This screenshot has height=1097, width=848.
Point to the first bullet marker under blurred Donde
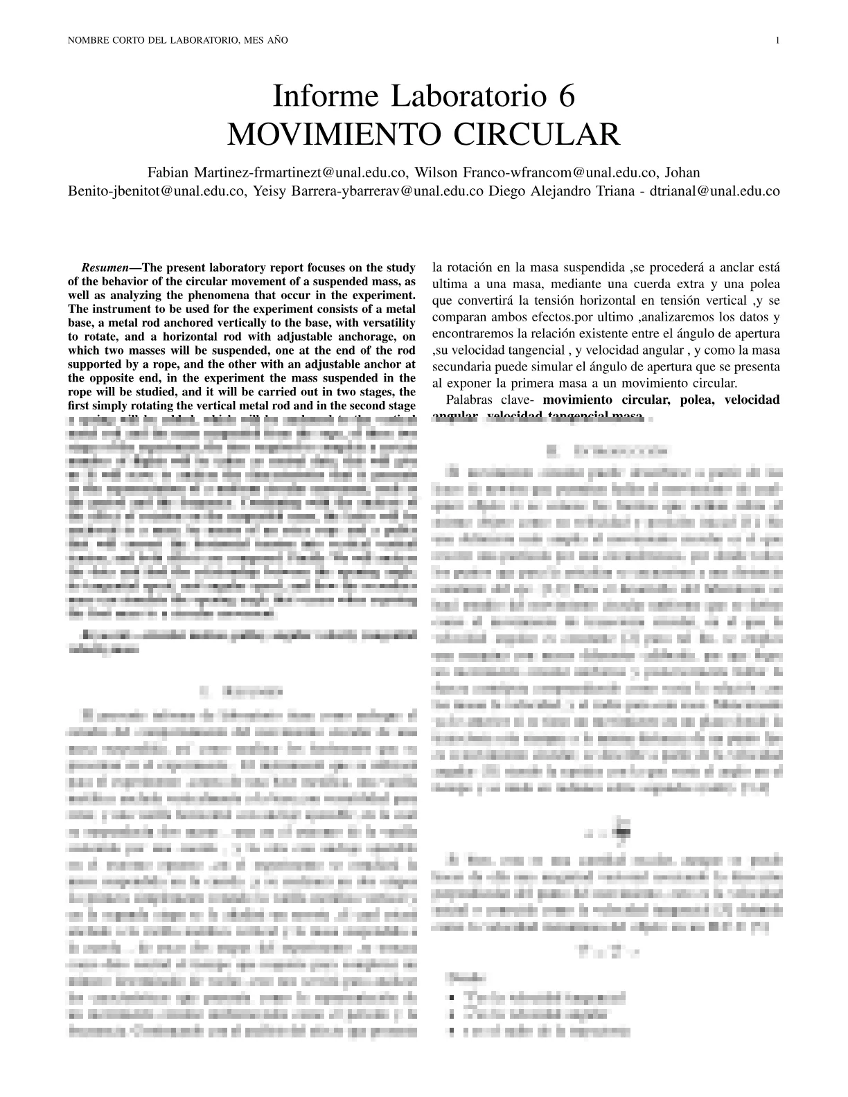(x=452, y=998)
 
